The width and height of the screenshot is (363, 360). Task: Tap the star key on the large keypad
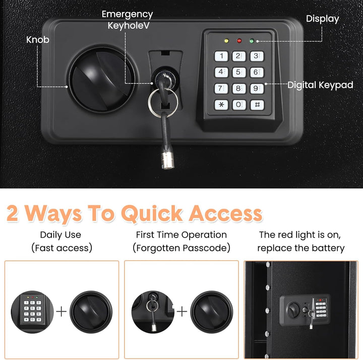221,105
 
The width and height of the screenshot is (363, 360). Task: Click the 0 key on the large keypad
239,105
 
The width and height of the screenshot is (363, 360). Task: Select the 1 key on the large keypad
221,56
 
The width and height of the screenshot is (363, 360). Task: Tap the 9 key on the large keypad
257,89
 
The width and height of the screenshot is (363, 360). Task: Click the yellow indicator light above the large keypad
226,41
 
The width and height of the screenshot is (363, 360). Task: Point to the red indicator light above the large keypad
239,41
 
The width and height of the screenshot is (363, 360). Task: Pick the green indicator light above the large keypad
252,41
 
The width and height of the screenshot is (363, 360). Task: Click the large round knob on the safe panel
101,80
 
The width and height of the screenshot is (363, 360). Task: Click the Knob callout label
38,40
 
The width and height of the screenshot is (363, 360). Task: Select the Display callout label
323,19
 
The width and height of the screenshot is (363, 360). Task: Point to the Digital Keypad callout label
321,85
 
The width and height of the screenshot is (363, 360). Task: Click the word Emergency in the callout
128,15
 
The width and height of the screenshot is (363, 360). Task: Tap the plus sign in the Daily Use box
62,312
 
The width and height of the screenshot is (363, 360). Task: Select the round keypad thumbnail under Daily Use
32,312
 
